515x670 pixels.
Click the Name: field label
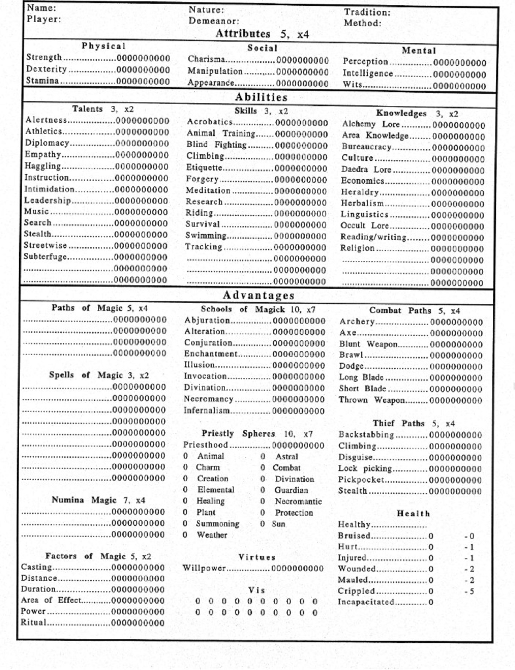pyautogui.click(x=41, y=8)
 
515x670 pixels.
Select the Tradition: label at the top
pyautogui.click(x=367, y=12)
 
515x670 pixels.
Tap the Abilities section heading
pyautogui.click(x=261, y=97)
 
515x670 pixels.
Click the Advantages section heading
pyautogui.click(x=259, y=295)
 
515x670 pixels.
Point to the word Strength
pyautogui.click(x=44, y=57)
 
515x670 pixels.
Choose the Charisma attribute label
pyautogui.click(x=206, y=60)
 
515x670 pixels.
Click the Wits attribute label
pyautogui.click(x=352, y=84)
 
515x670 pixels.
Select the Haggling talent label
pyautogui.click(x=42, y=166)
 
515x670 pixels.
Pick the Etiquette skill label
pyautogui.click(x=204, y=168)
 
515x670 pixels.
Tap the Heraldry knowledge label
pyautogui.click(x=360, y=192)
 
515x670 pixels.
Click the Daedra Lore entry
pyautogui.click(x=366, y=170)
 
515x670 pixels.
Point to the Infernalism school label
pyautogui.click(x=206, y=410)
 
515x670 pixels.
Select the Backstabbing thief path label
pyautogui.click(x=366, y=435)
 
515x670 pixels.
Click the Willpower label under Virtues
pyautogui.click(x=204, y=568)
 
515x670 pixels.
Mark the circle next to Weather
pyautogui.click(x=185, y=535)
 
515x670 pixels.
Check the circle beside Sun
pyautogui.click(x=262, y=523)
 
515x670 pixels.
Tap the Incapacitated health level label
pyautogui.click(x=366, y=602)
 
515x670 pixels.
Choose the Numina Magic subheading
pyautogui.click(x=98, y=500)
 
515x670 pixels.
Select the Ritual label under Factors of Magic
pyautogui.click(x=33, y=622)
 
